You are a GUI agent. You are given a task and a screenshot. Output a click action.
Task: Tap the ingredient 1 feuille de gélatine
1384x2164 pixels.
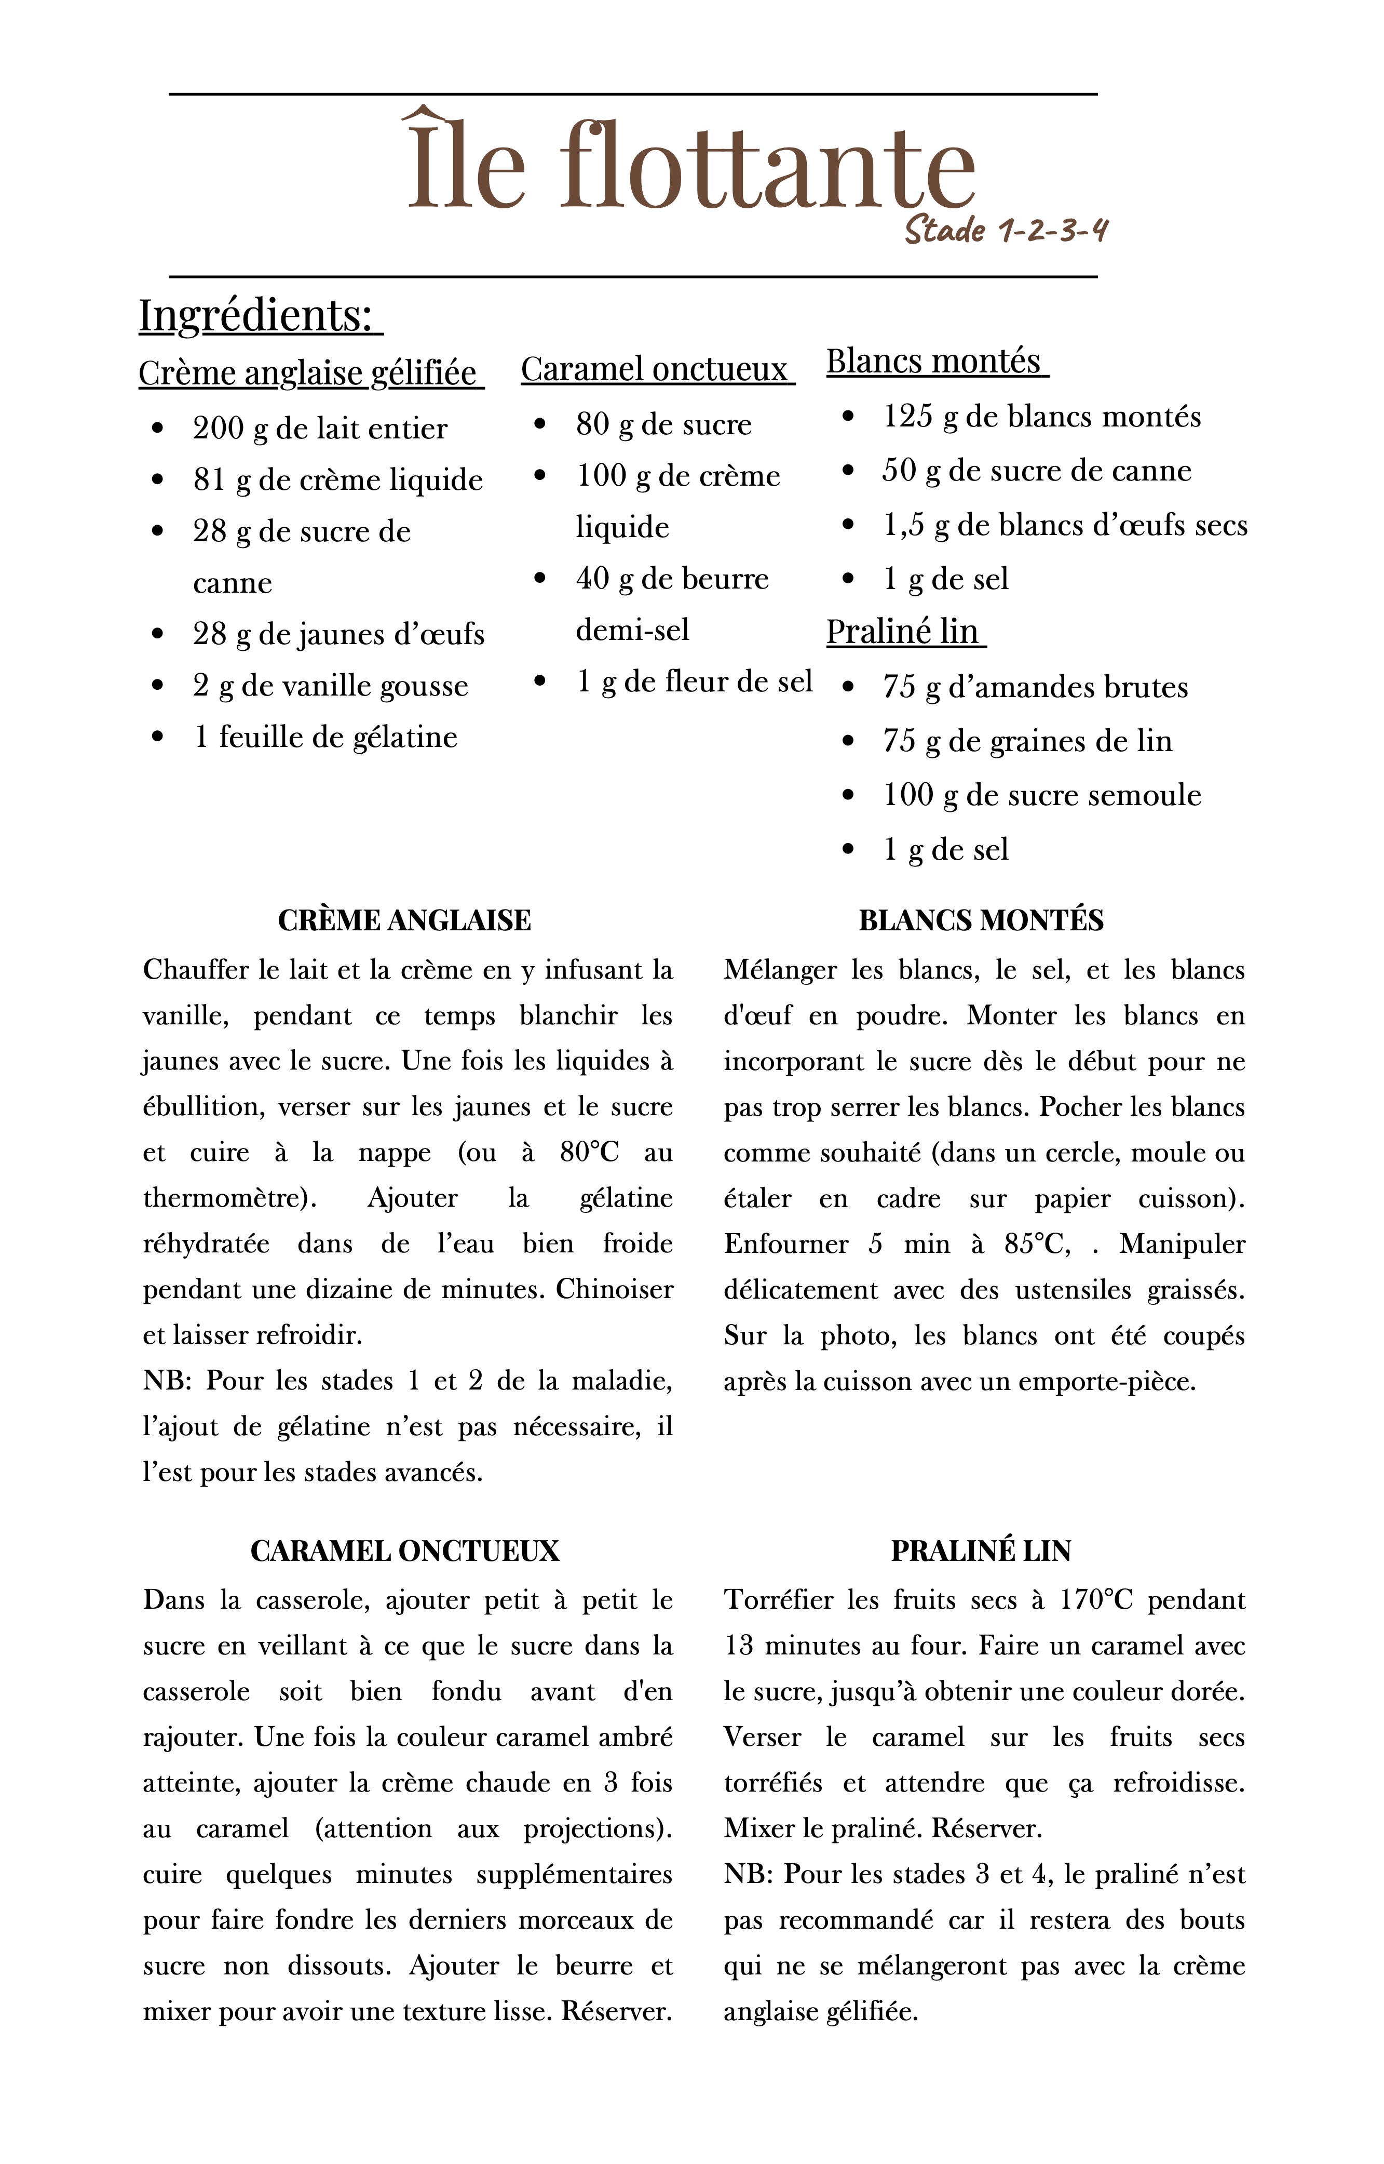(x=325, y=737)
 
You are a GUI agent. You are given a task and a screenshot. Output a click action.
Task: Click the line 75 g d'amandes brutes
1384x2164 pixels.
(x=1035, y=688)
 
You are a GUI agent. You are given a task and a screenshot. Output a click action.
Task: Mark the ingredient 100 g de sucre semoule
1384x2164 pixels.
(x=1041, y=796)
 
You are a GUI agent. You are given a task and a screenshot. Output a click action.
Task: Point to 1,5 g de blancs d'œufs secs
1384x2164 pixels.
(x=1065, y=526)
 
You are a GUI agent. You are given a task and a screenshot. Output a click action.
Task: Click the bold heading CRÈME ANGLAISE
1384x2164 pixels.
(x=404, y=920)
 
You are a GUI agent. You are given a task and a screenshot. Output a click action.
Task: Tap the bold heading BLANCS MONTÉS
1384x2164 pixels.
(x=981, y=920)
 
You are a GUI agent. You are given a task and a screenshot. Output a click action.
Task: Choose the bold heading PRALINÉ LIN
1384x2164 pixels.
(x=981, y=1551)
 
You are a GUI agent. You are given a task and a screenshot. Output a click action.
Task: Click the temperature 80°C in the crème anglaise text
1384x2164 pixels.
(x=589, y=1153)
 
